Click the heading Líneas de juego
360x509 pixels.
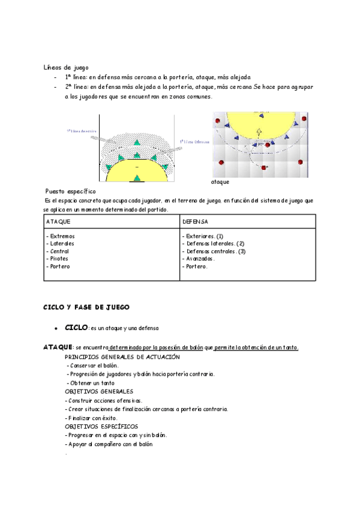[x=66, y=67]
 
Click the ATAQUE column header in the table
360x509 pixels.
[x=58, y=222]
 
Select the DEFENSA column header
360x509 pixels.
[x=195, y=222]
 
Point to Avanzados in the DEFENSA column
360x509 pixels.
[x=200, y=259]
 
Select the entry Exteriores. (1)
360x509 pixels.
[x=205, y=236]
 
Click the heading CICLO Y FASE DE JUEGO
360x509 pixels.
[x=86, y=307]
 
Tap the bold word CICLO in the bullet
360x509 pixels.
[x=76, y=328]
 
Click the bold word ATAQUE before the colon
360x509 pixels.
[x=57, y=348]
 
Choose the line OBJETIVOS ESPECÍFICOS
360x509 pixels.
[x=101, y=426]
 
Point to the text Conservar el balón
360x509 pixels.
[x=94, y=366]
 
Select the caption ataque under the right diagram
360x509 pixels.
[x=220, y=181]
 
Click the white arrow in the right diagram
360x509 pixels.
[x=259, y=132]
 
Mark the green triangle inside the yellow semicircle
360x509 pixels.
[x=137, y=177]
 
